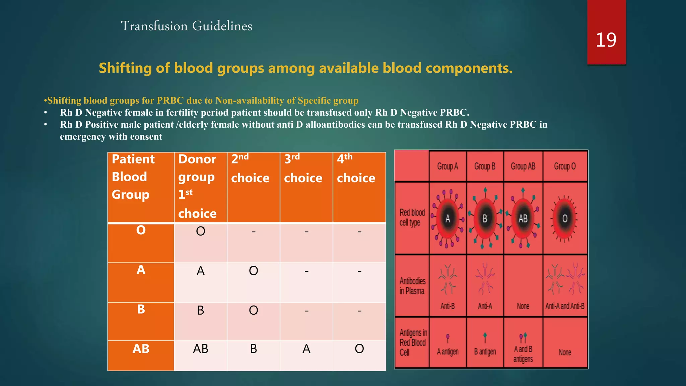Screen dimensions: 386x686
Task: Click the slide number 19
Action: pos(606,40)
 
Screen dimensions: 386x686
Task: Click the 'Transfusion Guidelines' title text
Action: pos(186,26)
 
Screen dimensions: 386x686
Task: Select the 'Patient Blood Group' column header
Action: pos(133,177)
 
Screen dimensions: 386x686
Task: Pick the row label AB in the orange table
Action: pos(141,349)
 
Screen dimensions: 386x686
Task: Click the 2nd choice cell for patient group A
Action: pos(253,271)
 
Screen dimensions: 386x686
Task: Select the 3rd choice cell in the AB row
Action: pos(306,349)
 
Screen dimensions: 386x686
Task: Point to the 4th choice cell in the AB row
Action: pos(359,349)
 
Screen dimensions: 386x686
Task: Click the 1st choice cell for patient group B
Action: pos(200,310)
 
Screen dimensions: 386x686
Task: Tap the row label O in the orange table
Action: pos(141,230)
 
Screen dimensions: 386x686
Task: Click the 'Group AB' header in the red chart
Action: pos(523,166)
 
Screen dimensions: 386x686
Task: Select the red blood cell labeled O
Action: pos(565,219)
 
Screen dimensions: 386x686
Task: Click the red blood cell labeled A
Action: pos(448,219)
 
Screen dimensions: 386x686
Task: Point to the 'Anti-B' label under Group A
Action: pos(448,306)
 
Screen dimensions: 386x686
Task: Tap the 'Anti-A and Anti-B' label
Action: pos(565,306)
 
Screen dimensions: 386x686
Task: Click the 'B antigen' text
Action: pos(485,352)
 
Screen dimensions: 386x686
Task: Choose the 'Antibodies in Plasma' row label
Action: pos(412,286)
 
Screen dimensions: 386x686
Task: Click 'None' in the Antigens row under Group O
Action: pos(565,352)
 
